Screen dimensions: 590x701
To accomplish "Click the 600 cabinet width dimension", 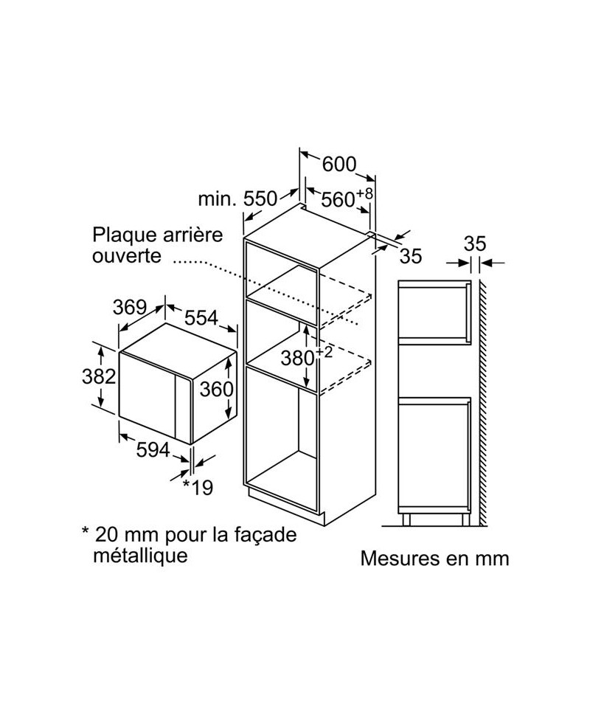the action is [x=339, y=164].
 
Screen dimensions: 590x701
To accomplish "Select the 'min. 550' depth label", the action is [x=237, y=198].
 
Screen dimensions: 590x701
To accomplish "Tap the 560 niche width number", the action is [x=338, y=199].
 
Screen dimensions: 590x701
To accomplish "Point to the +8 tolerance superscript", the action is [x=364, y=193].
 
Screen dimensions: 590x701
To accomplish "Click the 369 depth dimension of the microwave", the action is [x=130, y=307].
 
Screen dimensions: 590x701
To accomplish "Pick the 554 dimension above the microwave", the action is [x=201, y=317].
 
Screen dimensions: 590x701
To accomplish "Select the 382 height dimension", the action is [x=99, y=376].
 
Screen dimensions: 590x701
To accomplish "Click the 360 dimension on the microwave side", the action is [x=216, y=389].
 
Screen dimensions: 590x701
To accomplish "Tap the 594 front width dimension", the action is [x=153, y=450].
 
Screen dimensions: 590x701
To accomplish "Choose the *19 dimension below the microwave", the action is [x=198, y=487].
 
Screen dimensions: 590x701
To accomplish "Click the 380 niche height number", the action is [x=298, y=358].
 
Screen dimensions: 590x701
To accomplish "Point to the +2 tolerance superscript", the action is [x=324, y=352].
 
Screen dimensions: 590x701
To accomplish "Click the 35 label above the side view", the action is [x=475, y=244].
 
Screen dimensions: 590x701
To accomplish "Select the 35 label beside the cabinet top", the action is [x=411, y=256].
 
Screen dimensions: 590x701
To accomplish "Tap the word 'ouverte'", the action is [x=127, y=256].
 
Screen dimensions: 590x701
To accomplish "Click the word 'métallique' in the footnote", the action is [x=140, y=556].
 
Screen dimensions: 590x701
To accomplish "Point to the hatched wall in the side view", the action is [x=483, y=403].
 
